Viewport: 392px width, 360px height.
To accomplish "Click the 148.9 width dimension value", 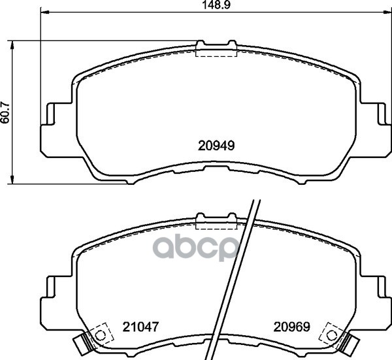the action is [216, 5].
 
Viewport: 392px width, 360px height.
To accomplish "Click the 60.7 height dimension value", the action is [5, 112].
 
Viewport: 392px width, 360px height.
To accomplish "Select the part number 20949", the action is [216, 146].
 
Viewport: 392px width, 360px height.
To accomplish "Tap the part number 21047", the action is [140, 327].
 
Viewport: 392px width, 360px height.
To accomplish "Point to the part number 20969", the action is [292, 327].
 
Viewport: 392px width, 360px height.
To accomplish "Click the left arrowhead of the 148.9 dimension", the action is [44, 12].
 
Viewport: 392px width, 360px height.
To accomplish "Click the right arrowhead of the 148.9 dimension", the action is [387, 12].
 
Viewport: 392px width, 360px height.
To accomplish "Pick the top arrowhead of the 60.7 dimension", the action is [12, 45].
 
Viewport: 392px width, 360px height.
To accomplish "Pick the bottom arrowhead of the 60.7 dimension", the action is [12, 180].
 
